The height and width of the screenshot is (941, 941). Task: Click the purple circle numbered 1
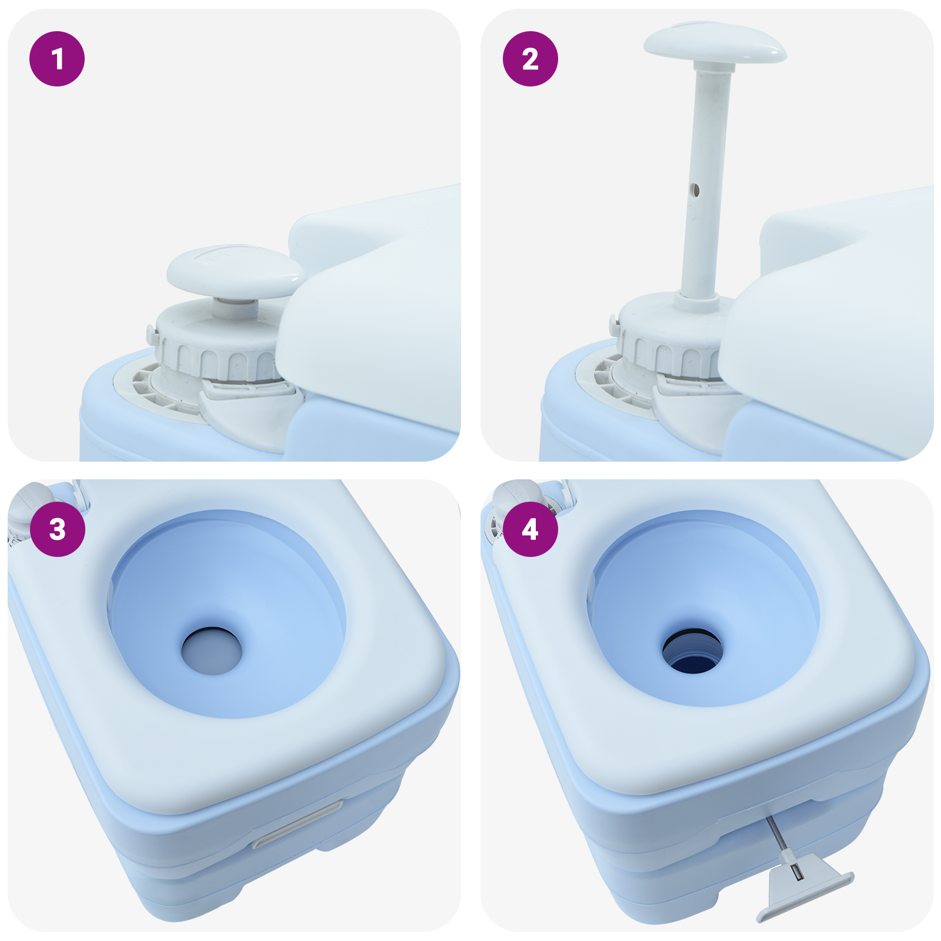pos(57,59)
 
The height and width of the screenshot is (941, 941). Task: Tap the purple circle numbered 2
pos(530,59)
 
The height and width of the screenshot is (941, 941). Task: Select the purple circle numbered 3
pos(57,529)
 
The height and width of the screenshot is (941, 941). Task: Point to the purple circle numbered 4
pos(530,529)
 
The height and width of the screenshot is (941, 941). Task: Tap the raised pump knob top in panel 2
pos(715,42)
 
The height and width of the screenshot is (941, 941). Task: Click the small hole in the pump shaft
pos(695,189)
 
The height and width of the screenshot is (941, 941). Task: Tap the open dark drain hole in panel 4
pos(692,653)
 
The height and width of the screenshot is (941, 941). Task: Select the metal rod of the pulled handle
pos(778,835)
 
